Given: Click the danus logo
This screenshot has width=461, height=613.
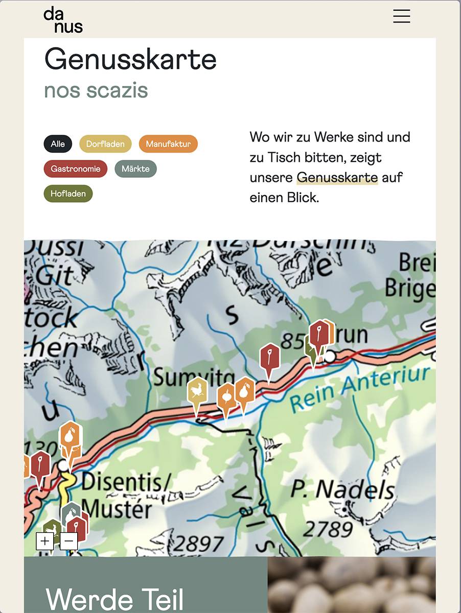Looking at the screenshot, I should tap(63, 20).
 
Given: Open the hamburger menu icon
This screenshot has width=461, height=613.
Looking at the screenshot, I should tap(401, 16).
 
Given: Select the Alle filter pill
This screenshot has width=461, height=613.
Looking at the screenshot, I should tap(58, 144).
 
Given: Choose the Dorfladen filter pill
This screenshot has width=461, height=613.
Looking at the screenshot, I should tap(105, 144).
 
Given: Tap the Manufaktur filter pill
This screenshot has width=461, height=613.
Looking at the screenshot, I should tap(168, 144).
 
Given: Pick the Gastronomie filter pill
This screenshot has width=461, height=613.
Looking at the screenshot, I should tap(76, 169).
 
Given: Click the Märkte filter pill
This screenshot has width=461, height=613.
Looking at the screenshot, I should tap(135, 169).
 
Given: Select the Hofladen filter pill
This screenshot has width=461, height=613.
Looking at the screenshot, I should tap(68, 194).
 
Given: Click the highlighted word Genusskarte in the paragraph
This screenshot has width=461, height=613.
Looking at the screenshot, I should tap(337, 178).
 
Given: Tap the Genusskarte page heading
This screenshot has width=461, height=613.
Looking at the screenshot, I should tap(130, 59).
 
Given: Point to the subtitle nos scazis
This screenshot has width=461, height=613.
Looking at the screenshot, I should tap(96, 90).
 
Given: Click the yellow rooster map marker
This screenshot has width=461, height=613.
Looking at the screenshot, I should tap(197, 392).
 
